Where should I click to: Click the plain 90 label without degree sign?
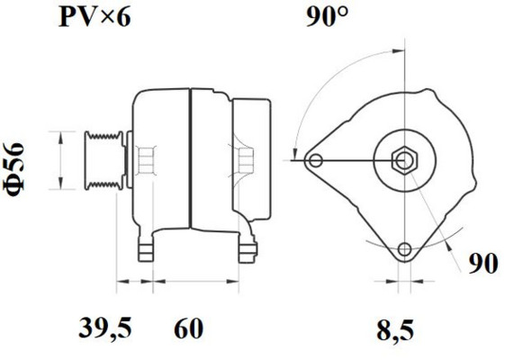pos(482,263)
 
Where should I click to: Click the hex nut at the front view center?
pos(404,161)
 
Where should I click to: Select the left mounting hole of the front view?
pos(314,161)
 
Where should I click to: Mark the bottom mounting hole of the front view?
pos(404,249)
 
